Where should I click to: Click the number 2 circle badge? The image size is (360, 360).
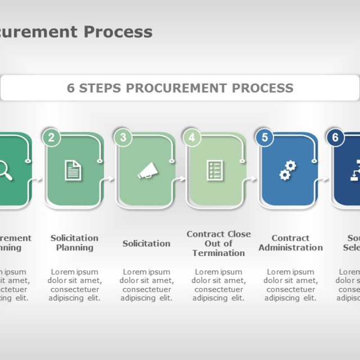tap(51, 137)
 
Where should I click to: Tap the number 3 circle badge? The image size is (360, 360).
tap(123, 137)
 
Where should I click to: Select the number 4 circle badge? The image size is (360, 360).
tap(192, 137)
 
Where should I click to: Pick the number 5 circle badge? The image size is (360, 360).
tap(264, 137)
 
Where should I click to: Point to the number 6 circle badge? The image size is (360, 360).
tap(335, 137)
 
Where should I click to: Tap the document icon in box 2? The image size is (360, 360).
tap(73, 170)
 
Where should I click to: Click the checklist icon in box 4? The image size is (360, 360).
tap(215, 170)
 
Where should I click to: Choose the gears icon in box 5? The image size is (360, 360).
tap(287, 170)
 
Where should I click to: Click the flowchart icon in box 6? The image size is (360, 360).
tap(355, 170)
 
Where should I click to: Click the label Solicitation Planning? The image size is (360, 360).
tap(74, 242)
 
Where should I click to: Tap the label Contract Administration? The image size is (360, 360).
tap(290, 242)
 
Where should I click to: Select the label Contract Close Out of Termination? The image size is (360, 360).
tap(219, 243)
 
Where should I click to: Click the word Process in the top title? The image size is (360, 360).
tap(118, 32)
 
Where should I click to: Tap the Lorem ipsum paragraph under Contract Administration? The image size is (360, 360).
tap(290, 285)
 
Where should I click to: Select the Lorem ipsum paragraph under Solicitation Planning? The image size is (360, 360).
tap(74, 285)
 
